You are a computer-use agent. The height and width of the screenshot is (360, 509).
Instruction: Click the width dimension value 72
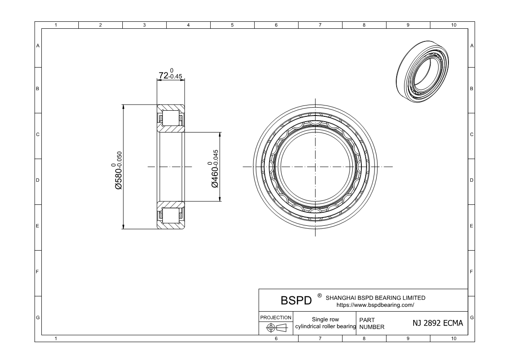pos(164,75)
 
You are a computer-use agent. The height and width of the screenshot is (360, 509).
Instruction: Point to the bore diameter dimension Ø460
pos(215,177)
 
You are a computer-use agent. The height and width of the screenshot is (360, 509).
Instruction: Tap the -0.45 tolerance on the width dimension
pos(175,77)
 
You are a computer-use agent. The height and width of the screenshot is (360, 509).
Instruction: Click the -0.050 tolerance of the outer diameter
pos(119,159)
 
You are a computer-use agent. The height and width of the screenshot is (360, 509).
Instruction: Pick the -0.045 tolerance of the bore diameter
pos(216,158)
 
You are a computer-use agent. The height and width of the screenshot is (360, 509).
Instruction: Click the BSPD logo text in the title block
pos(296,301)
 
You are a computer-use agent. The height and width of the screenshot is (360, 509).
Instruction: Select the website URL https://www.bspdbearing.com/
pos(375,305)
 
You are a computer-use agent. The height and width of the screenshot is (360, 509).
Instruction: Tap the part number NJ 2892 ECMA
pos(438,323)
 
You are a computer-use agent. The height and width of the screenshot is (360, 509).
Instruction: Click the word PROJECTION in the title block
pos(276,317)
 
